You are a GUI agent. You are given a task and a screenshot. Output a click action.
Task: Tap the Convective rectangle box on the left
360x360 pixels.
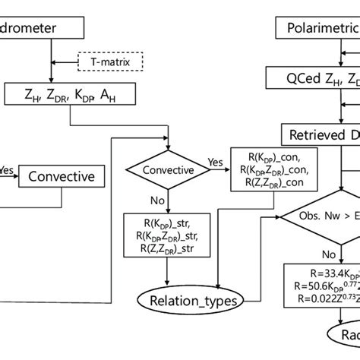(62, 177)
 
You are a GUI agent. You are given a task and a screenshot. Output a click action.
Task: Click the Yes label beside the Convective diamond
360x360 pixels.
(216, 162)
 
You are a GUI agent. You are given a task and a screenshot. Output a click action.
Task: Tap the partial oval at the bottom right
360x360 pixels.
(344, 336)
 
